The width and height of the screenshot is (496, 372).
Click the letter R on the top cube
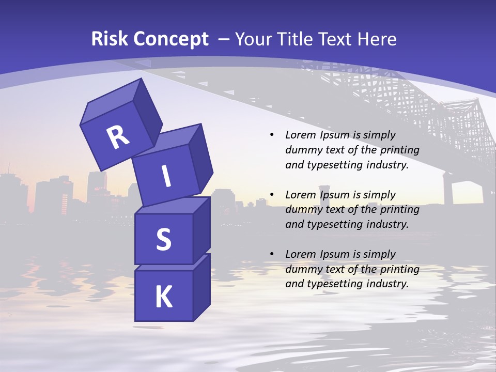pos(118,137)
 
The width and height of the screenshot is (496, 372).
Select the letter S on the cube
pos(163,240)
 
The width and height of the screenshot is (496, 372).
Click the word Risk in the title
pos(109,39)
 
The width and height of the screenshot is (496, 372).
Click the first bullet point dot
pos(272,135)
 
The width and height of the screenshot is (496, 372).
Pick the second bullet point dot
pos(272,195)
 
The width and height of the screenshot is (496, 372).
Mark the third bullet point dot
pos(272,254)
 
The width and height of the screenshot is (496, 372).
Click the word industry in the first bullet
pos(388,165)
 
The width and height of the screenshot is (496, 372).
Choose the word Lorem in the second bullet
pos(300,195)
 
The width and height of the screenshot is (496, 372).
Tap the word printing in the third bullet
pos(399,269)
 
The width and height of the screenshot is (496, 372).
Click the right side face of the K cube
pos(202,287)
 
